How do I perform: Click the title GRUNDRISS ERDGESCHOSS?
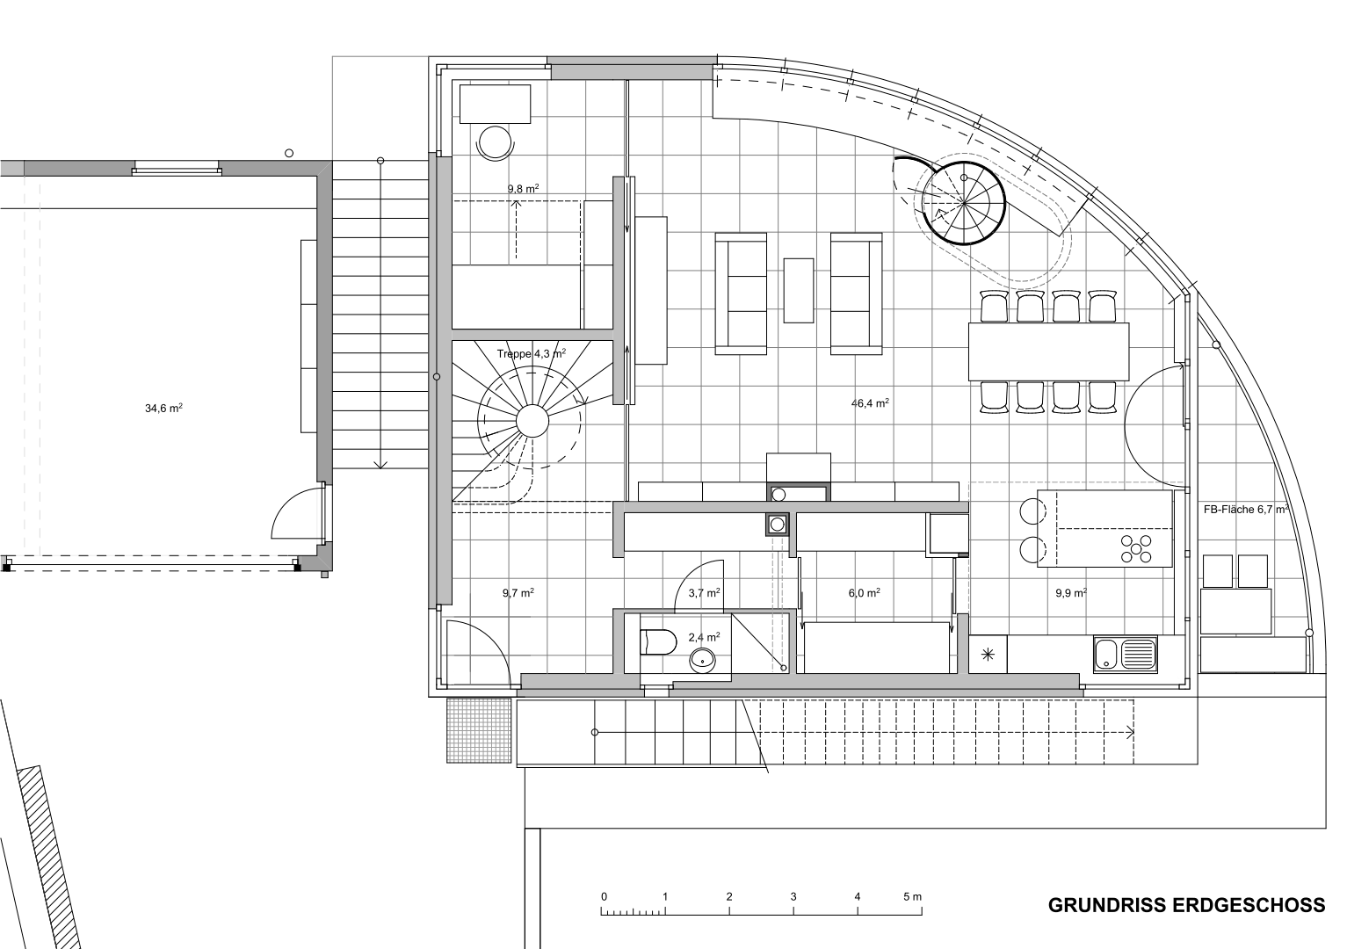tap(1186, 922)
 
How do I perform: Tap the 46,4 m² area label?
tap(870, 403)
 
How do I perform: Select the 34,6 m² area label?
tap(163, 408)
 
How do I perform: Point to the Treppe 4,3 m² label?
tap(532, 353)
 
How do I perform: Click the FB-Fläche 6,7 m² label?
tap(1245, 509)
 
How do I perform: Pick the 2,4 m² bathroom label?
tap(704, 637)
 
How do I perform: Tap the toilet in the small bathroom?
tap(658, 641)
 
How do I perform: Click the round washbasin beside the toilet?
tap(702, 661)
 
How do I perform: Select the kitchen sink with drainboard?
tap(1125, 655)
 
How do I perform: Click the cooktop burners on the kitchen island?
tap(1136, 548)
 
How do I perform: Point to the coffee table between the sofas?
tap(799, 291)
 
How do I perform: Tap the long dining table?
tap(1049, 351)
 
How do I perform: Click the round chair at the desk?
tap(495, 143)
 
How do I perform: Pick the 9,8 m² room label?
tap(523, 189)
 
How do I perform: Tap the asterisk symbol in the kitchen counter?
tap(988, 655)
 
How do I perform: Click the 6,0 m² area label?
tap(865, 593)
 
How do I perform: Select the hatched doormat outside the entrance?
tap(479, 731)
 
